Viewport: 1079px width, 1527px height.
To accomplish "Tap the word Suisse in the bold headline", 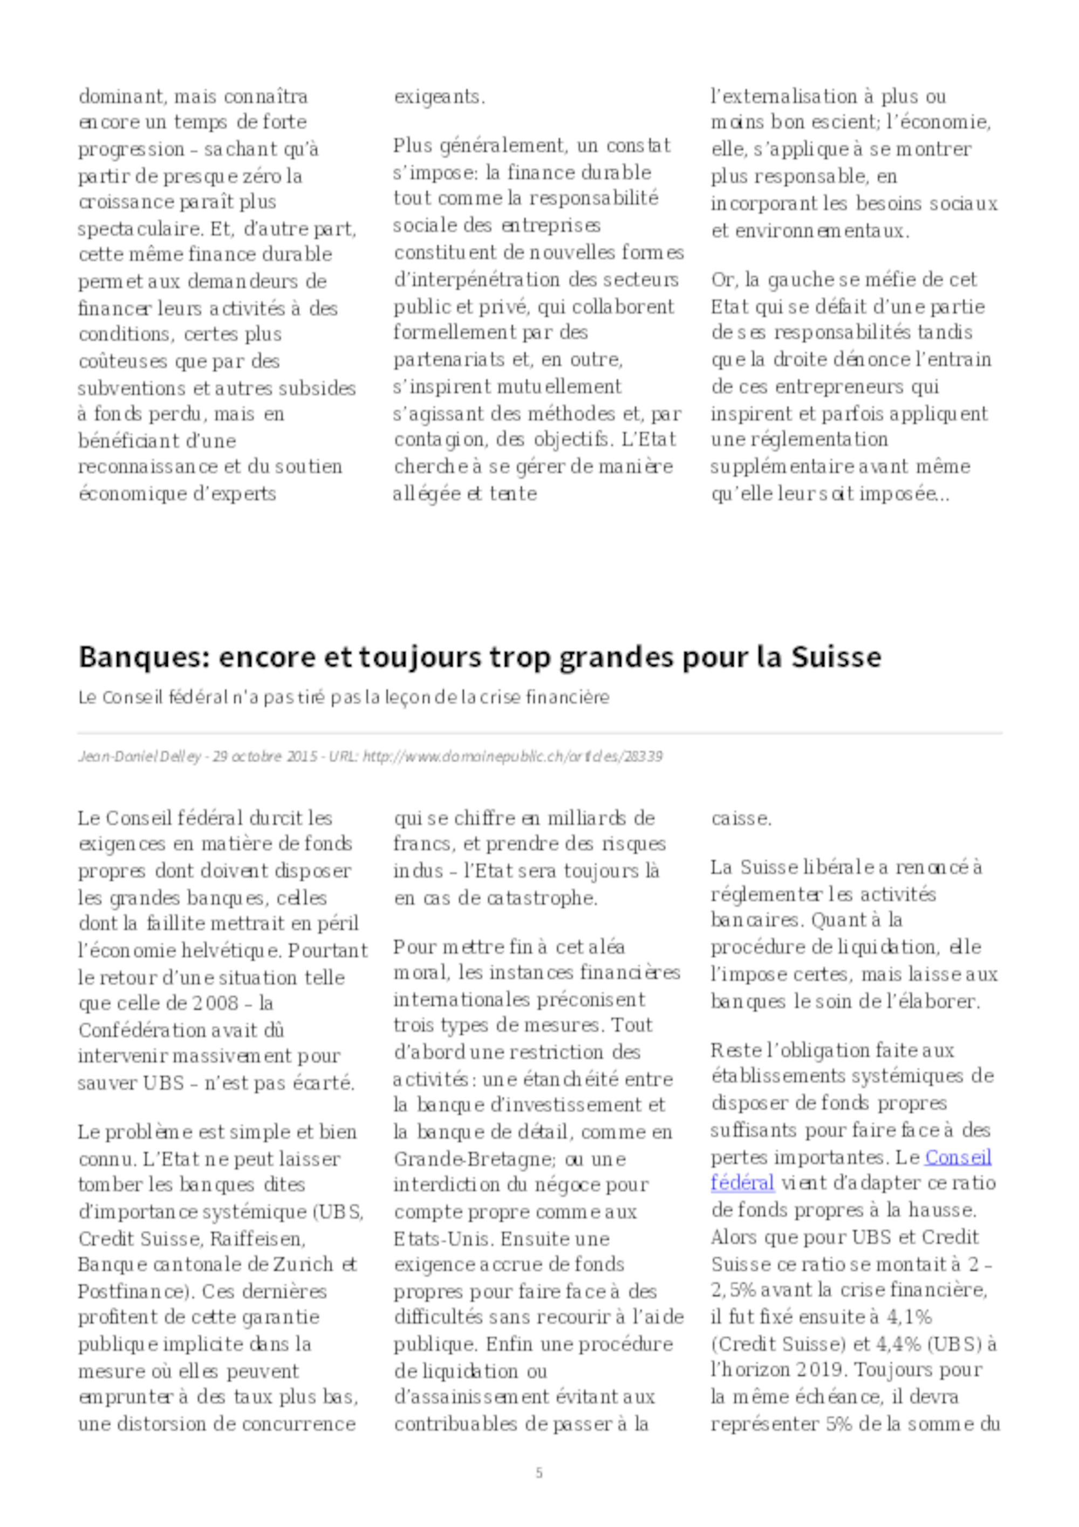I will (836, 657).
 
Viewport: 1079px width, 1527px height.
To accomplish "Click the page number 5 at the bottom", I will (539, 1473).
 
